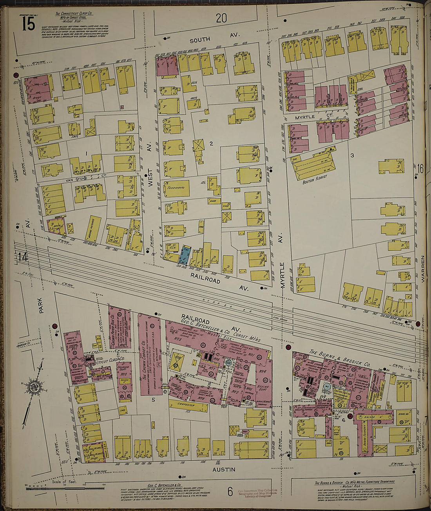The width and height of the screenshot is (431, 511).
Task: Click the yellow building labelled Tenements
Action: coord(176,188)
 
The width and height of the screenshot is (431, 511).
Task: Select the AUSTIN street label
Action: coord(224,469)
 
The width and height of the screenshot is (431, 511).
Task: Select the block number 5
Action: coord(154,400)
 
